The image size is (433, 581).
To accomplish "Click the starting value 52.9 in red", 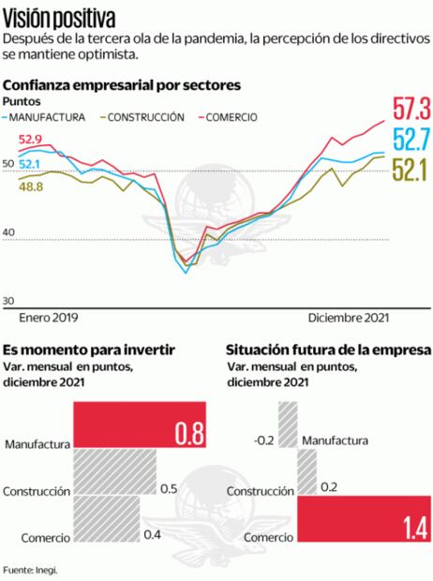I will click(x=30, y=140).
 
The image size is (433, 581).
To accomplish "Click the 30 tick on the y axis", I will click(x=10, y=300).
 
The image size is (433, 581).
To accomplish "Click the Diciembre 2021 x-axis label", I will click(x=348, y=318).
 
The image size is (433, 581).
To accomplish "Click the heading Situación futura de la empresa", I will click(x=328, y=349).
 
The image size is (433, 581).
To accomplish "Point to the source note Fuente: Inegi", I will click(x=30, y=569).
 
